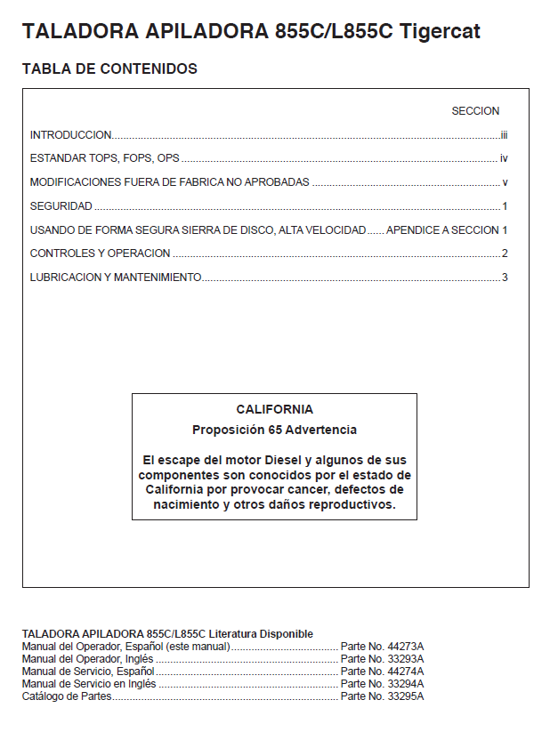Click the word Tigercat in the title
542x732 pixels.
pyautogui.click(x=441, y=32)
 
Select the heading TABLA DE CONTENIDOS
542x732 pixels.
pyautogui.click(x=109, y=68)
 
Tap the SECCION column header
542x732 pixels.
pyautogui.click(x=475, y=111)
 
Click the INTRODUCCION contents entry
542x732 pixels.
pyautogui.click(x=71, y=135)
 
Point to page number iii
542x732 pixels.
pyautogui.click(x=503, y=135)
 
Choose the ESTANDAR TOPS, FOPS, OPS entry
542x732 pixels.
pyautogui.click(x=105, y=158)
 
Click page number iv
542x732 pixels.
pyautogui.click(x=503, y=158)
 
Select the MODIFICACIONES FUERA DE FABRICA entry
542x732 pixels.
pyautogui.click(x=169, y=182)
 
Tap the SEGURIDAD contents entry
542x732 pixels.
pyautogui.click(x=61, y=206)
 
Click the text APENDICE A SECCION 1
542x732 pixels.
pyautogui.click(x=446, y=229)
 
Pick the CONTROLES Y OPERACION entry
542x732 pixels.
pyautogui.click(x=100, y=253)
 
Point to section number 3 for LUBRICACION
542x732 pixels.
pyautogui.click(x=504, y=278)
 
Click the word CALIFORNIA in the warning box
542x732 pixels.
pyautogui.click(x=274, y=410)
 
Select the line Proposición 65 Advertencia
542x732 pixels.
pyautogui.click(x=274, y=430)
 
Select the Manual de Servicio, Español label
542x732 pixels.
pyautogui.click(x=88, y=671)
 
